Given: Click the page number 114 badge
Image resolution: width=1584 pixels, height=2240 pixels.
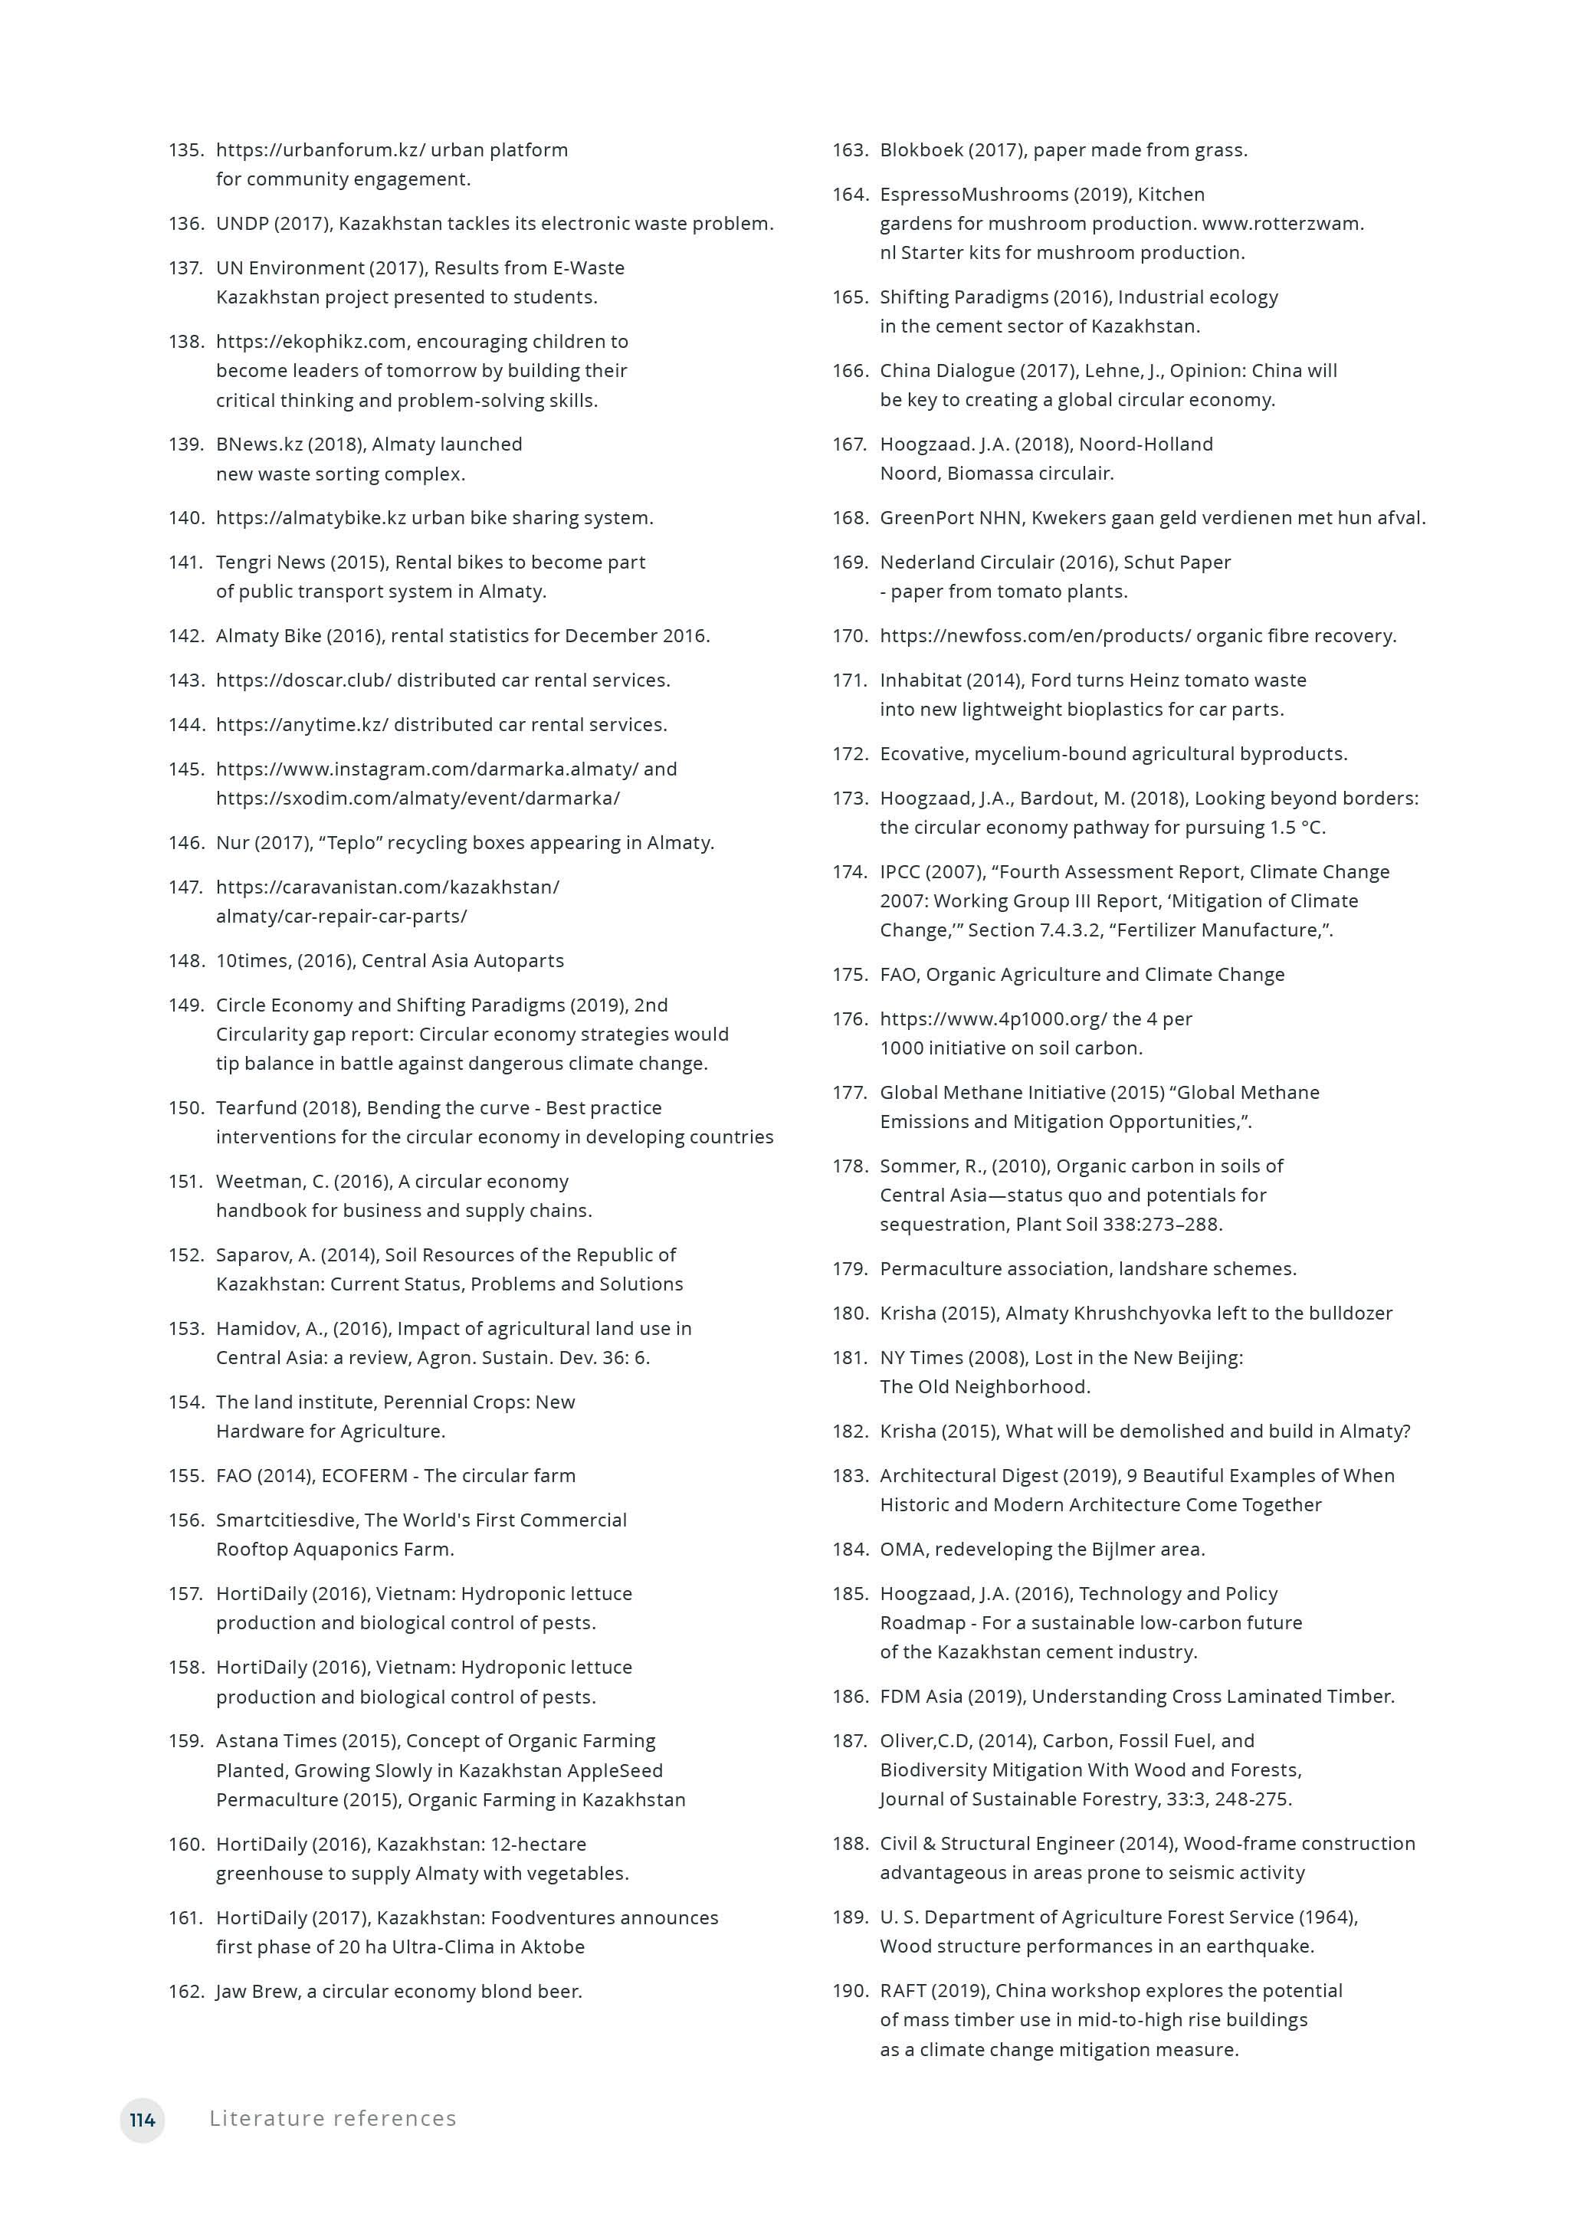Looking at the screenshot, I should point(143,2119).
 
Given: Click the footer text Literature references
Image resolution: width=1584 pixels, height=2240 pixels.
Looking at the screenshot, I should point(333,2118).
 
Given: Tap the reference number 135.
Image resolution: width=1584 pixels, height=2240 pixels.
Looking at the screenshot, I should point(185,149).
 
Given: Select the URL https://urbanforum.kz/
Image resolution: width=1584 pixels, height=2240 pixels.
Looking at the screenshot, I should point(320,149).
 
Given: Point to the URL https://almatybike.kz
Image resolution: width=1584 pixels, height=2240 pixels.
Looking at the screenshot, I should point(310,517).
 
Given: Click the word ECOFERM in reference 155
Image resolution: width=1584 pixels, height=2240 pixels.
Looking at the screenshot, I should point(364,1475).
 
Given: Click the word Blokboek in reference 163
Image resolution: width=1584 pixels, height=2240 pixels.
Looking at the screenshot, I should point(921,149).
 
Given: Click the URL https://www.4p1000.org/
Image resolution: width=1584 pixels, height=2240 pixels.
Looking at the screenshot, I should point(993,1018).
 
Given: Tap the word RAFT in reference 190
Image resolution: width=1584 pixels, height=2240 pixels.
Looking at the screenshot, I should point(902,1990).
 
